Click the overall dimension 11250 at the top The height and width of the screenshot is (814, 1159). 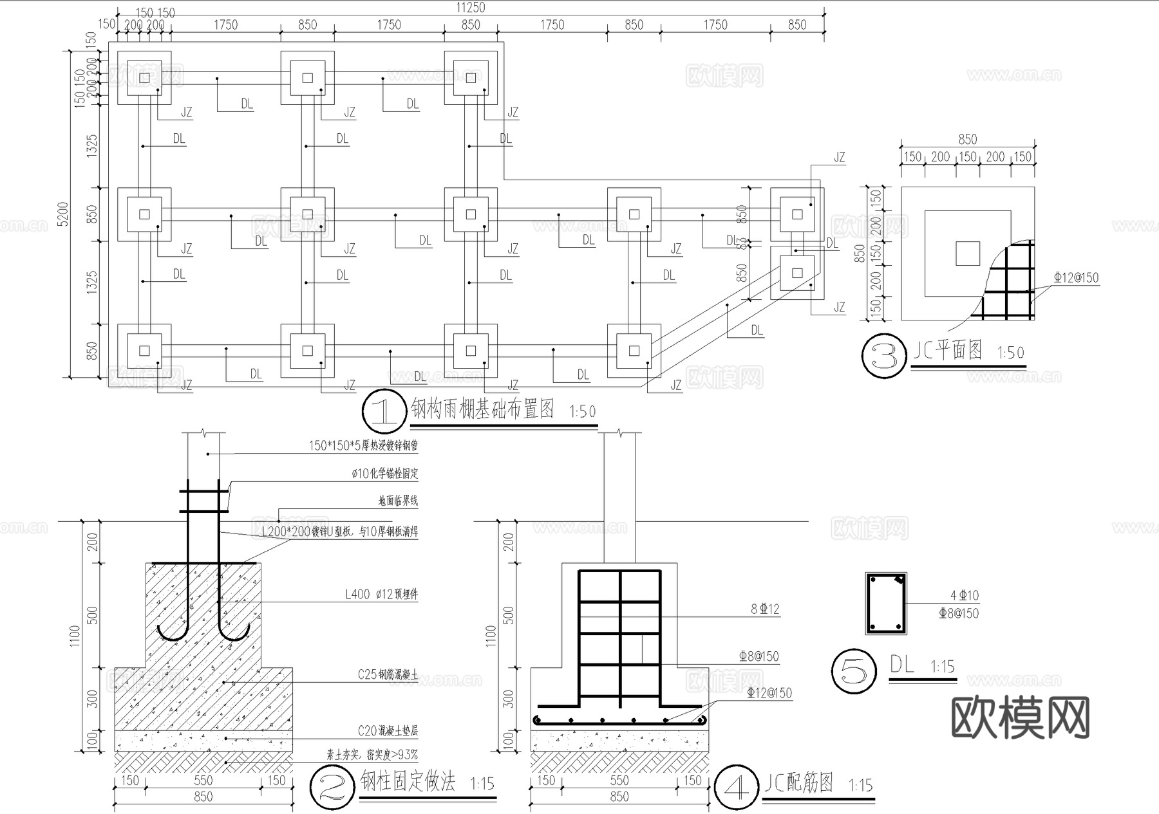click(x=471, y=8)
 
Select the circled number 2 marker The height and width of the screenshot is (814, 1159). click(x=332, y=788)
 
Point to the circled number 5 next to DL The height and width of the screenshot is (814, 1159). click(x=854, y=672)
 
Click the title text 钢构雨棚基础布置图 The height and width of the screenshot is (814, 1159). click(x=482, y=409)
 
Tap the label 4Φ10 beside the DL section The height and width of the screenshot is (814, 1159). click(x=964, y=596)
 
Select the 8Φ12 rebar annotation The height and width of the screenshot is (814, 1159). click(x=765, y=609)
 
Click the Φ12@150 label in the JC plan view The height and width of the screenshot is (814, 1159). click(x=1076, y=278)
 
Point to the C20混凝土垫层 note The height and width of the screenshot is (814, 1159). click(x=388, y=731)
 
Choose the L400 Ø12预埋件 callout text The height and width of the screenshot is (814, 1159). click(x=381, y=595)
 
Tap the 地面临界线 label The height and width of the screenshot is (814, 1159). click(x=398, y=501)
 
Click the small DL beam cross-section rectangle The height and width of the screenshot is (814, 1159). click(x=885, y=604)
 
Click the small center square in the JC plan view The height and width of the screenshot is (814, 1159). click(x=967, y=254)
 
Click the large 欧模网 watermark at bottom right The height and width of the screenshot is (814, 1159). click(x=1020, y=718)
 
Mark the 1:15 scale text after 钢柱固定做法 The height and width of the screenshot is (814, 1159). click(x=482, y=784)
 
